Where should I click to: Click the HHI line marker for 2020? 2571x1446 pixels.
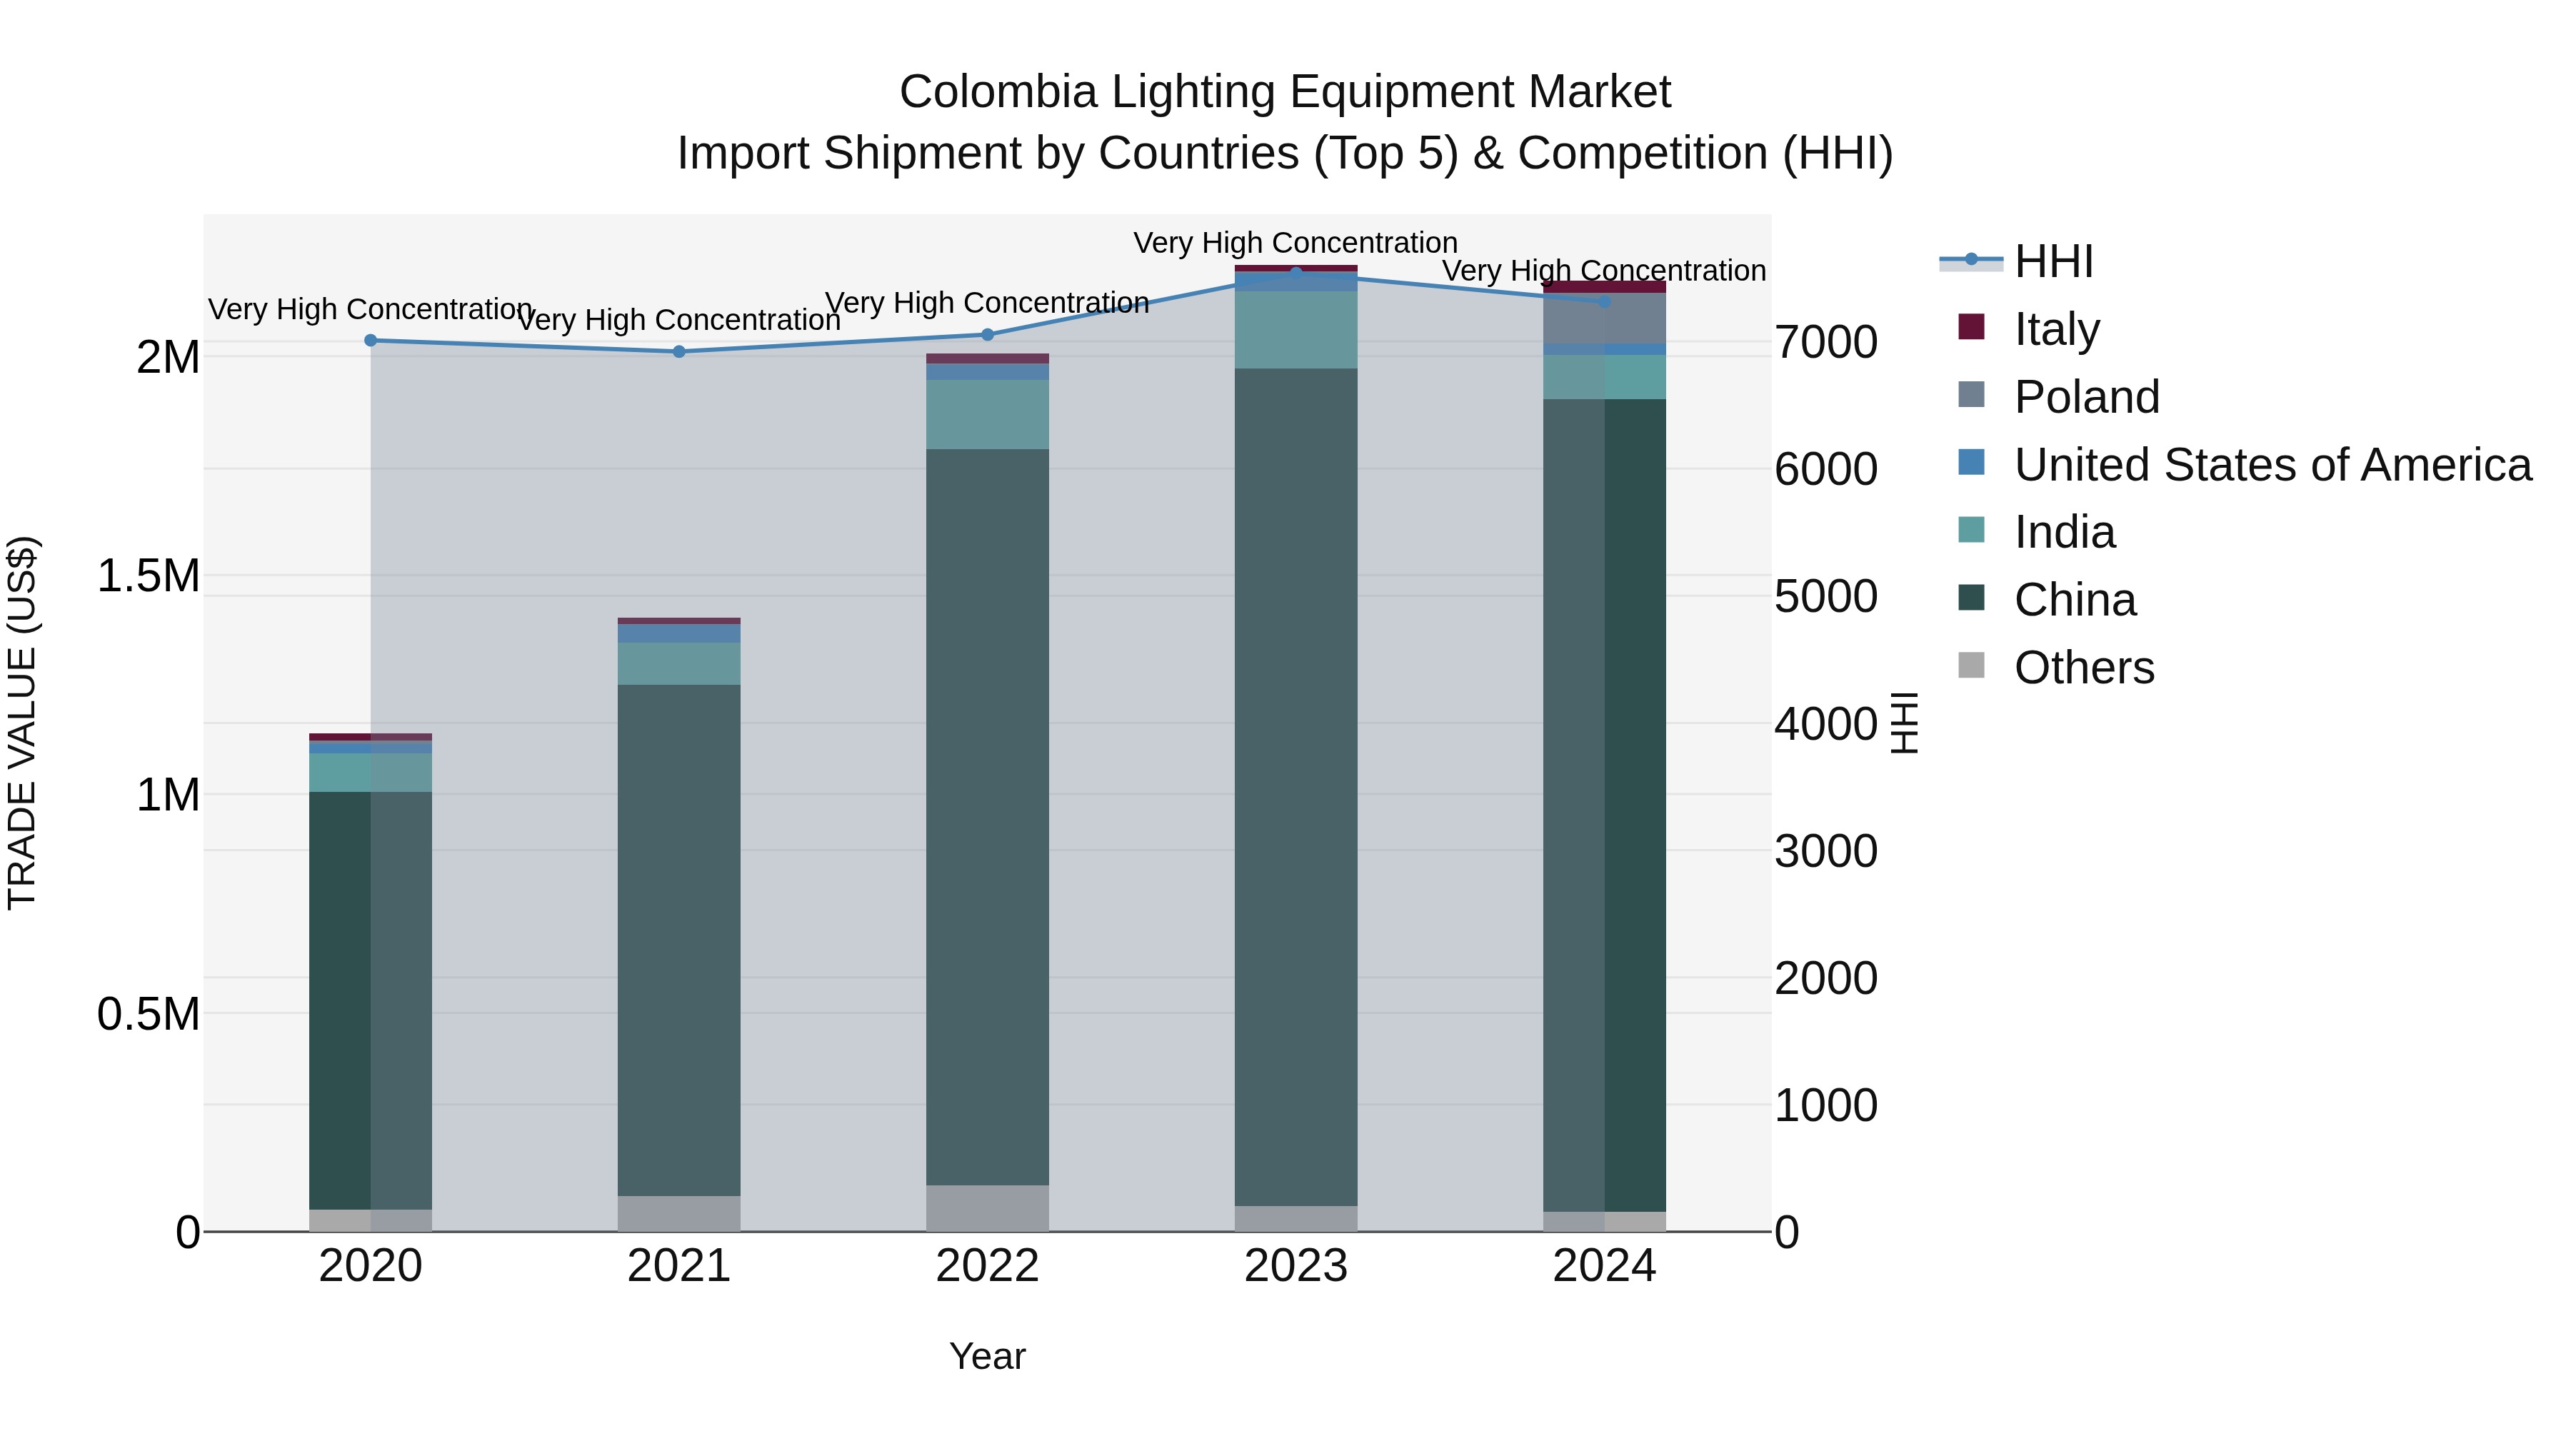pyautogui.click(x=370, y=341)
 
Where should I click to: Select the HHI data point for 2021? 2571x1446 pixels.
pyautogui.click(x=678, y=351)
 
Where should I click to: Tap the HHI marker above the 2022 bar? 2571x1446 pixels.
pyautogui.click(x=987, y=334)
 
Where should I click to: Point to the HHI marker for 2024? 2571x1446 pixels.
pyautogui.click(x=1604, y=301)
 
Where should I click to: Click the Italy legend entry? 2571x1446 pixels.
pyautogui.click(x=2056, y=329)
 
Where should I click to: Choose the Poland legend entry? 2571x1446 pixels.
pyautogui.click(x=2086, y=397)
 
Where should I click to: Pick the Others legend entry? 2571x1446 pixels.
pyautogui.click(x=2083, y=668)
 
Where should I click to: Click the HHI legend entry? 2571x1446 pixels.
pyautogui.click(x=2053, y=261)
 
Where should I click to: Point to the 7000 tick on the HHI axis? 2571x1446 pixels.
pyautogui.click(x=1825, y=342)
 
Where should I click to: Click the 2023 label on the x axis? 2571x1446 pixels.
pyautogui.click(x=1295, y=1266)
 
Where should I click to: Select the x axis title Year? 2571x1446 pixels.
pyautogui.click(x=987, y=1356)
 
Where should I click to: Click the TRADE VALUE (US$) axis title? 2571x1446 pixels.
pyautogui.click(x=22, y=723)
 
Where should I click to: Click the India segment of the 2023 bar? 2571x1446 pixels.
pyautogui.click(x=1295, y=329)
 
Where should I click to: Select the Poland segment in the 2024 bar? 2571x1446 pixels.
pyautogui.click(x=1604, y=319)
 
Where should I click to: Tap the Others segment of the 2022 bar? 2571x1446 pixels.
pyautogui.click(x=987, y=1207)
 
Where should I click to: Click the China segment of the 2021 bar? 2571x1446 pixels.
pyautogui.click(x=678, y=938)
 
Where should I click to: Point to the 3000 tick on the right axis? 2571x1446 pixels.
pyautogui.click(x=1825, y=851)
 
